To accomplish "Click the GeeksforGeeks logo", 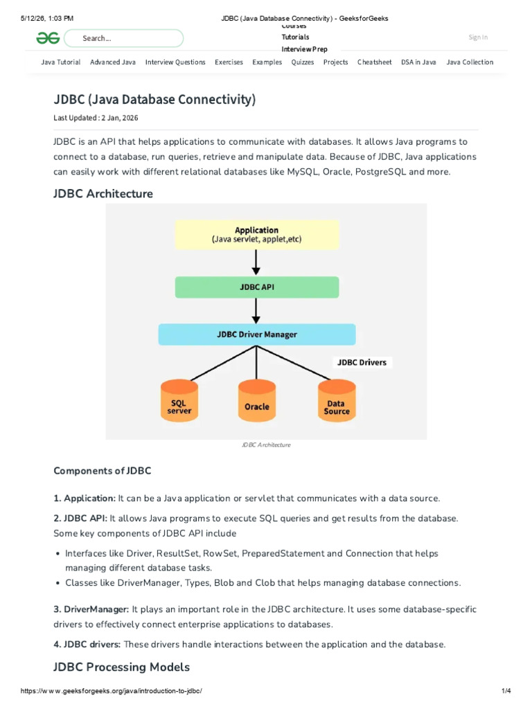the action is [x=48, y=38].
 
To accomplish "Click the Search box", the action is [x=123, y=39].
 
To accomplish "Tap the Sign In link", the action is [x=478, y=37].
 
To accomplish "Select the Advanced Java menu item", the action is [x=113, y=62].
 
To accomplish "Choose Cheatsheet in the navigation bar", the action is [x=375, y=62].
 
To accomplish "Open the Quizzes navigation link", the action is [x=303, y=62].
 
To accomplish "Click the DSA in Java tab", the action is [x=418, y=62].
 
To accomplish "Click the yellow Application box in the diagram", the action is [x=257, y=235].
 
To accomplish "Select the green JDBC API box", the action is [x=257, y=287].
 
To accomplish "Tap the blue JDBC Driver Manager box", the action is [x=257, y=334].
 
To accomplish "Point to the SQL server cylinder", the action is [x=179, y=401].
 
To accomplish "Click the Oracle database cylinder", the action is [x=257, y=401].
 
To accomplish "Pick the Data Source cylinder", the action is [x=337, y=401].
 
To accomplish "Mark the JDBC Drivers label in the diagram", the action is [x=362, y=362].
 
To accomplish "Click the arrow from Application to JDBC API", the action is [x=256, y=262].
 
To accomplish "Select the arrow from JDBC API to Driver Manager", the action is [x=256, y=311].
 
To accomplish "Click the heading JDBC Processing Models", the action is [x=122, y=667].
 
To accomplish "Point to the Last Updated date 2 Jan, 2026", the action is [x=120, y=118].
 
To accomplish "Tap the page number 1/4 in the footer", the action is [x=506, y=690].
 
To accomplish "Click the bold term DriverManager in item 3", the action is [x=96, y=609].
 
